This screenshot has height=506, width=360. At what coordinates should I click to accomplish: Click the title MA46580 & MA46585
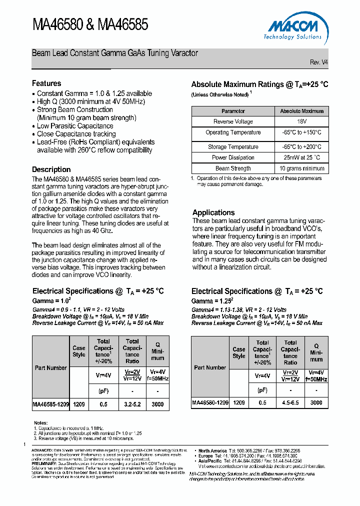[90, 25]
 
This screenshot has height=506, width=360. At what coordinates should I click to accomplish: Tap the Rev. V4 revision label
[319, 62]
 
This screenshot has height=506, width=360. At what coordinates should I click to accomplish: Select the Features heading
[46, 83]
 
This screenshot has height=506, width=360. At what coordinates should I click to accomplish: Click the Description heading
[51, 169]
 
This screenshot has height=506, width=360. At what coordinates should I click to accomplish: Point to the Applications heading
[213, 212]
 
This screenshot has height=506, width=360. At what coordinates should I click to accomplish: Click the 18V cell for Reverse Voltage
[301, 121]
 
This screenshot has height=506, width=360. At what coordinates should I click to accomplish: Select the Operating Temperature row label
[233, 132]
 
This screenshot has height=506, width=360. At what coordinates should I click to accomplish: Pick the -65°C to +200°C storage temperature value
[301, 147]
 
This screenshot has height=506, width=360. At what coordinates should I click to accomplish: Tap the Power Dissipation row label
[233, 157]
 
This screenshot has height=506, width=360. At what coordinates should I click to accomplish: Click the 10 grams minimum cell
[301, 168]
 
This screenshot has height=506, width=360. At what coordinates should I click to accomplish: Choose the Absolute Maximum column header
[301, 111]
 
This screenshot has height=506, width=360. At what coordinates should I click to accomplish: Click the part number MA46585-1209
[50, 404]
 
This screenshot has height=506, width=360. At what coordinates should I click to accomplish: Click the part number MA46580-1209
[210, 402]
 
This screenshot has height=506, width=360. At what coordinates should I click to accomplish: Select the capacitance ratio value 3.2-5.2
[132, 404]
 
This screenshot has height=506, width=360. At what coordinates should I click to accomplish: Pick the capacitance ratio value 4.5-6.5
[290, 402]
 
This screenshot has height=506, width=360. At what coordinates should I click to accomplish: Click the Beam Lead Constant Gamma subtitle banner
[115, 53]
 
